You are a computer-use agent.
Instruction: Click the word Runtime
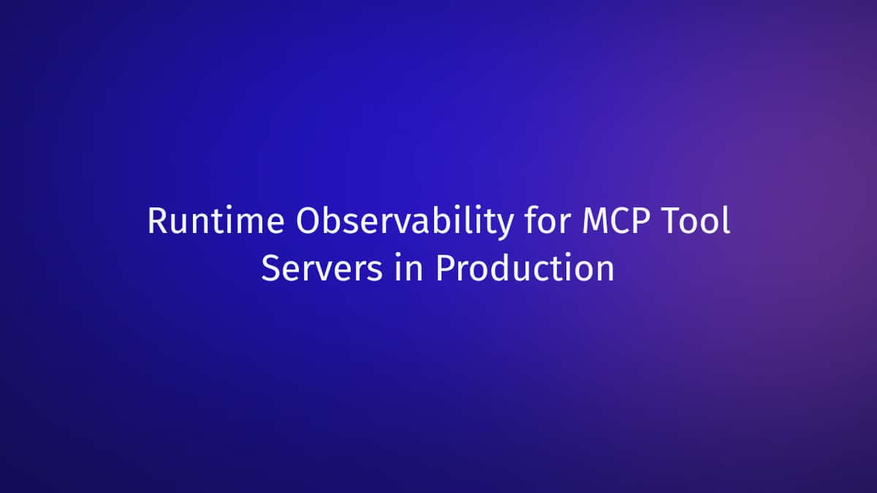(x=216, y=221)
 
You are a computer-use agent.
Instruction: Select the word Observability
(x=404, y=222)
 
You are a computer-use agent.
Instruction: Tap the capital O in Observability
(x=309, y=221)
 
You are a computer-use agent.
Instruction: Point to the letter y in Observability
(x=503, y=226)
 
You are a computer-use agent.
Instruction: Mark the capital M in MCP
(x=596, y=221)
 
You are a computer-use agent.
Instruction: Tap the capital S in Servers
(x=271, y=268)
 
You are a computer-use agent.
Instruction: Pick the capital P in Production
(x=446, y=267)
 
